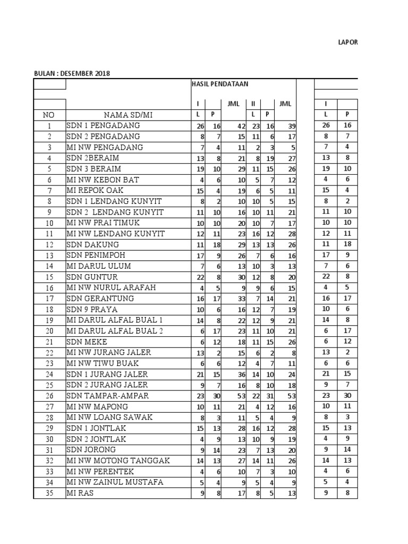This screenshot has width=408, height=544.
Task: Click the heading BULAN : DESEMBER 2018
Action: point(72,73)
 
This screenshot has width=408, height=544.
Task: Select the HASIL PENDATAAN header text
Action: point(220,84)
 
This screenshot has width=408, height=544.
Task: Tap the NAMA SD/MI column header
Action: point(127,114)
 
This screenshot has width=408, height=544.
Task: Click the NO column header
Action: point(49,114)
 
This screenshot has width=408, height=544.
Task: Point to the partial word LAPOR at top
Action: point(348,42)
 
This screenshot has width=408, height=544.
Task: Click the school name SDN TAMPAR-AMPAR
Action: point(108,396)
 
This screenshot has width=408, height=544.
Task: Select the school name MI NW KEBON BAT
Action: point(103,180)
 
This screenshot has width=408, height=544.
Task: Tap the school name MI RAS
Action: point(80,493)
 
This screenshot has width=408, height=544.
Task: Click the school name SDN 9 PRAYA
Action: point(92,309)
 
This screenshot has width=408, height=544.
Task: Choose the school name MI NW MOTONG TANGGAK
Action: point(118,461)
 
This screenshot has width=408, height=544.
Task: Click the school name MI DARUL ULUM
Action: point(98,266)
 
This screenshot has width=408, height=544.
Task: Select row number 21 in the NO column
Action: point(49,342)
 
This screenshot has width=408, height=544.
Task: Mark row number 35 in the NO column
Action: point(49,493)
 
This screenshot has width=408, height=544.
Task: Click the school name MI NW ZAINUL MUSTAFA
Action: point(115,482)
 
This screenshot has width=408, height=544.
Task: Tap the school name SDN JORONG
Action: point(91,450)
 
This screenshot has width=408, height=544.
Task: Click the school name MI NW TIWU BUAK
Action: point(103,363)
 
